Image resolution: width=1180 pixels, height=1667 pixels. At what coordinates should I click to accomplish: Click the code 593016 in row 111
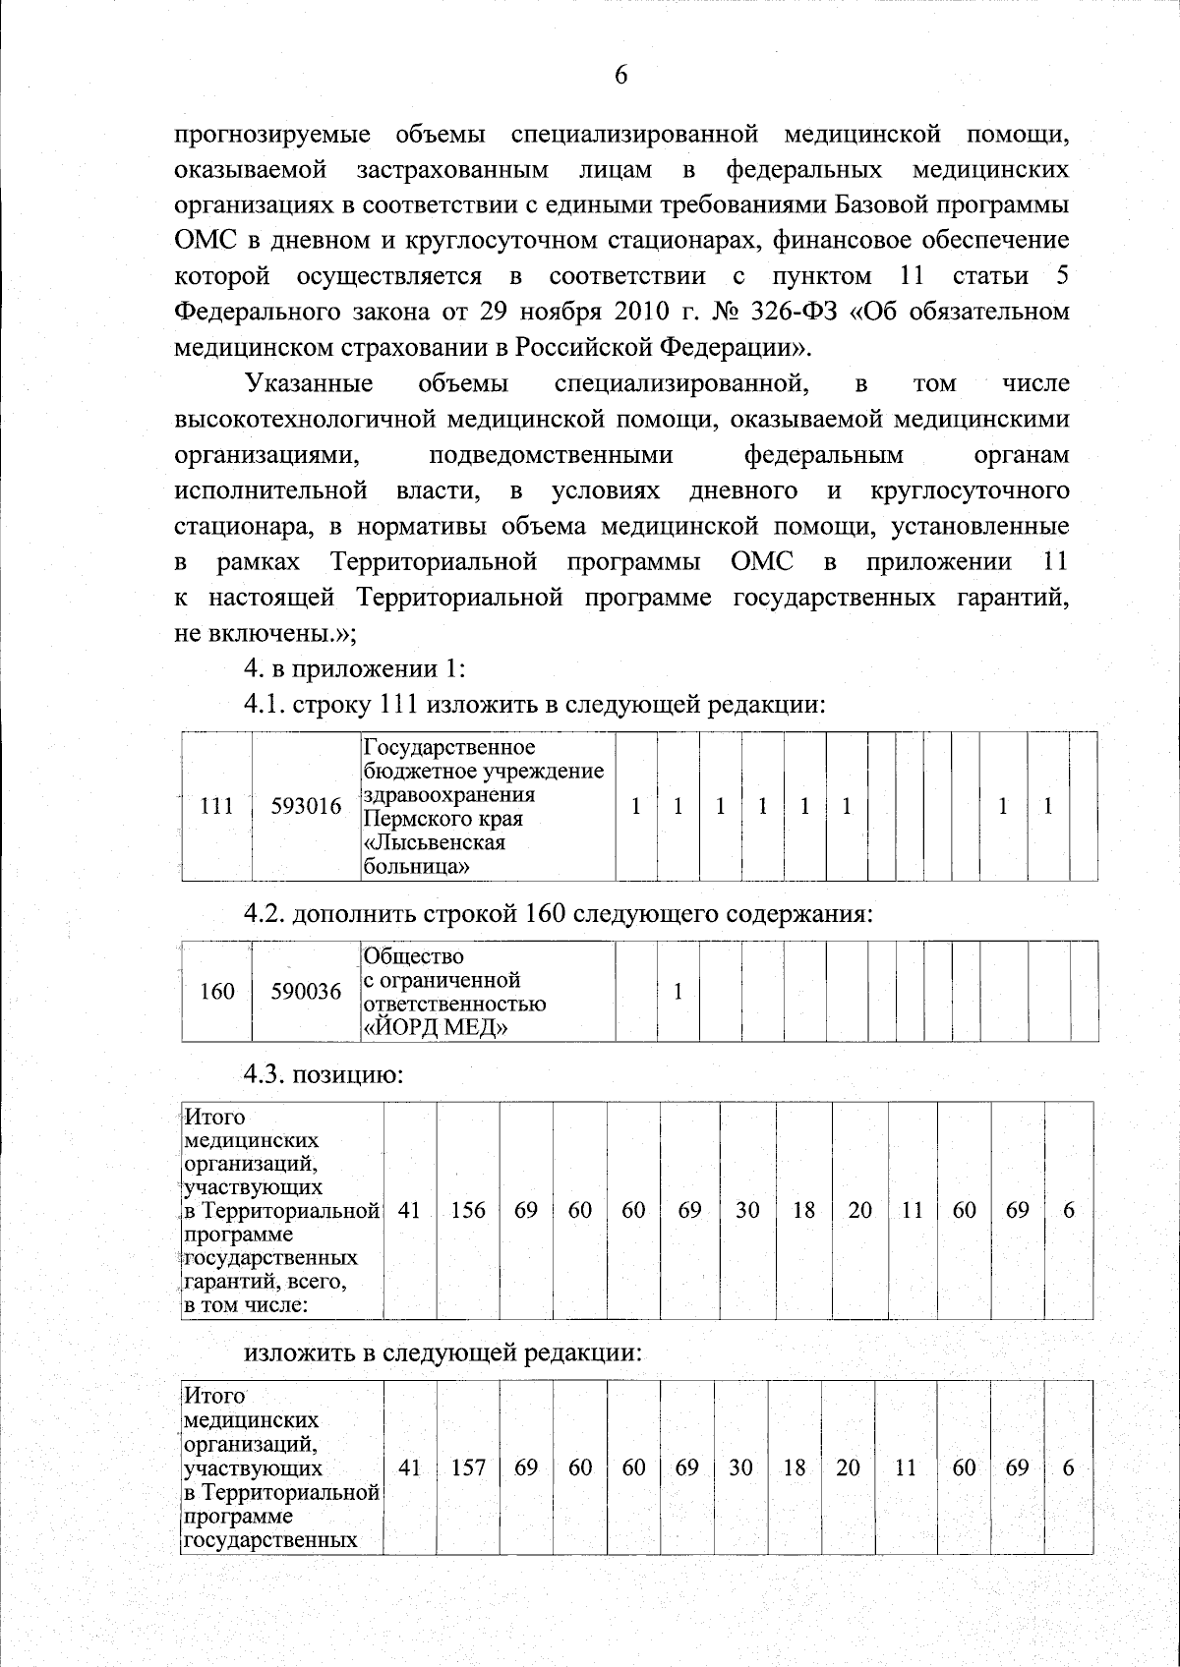(x=306, y=807)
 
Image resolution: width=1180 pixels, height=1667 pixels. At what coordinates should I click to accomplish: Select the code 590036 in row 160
(x=306, y=992)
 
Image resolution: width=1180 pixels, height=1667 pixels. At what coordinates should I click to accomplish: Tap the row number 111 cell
(x=216, y=807)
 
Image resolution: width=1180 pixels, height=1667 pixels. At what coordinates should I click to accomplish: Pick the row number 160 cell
(x=216, y=992)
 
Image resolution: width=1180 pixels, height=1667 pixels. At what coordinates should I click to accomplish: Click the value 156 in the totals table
(x=468, y=1210)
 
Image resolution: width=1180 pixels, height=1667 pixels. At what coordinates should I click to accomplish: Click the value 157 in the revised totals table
(x=468, y=1467)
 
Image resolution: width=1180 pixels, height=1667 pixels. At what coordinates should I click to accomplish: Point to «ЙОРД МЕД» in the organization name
(x=436, y=1028)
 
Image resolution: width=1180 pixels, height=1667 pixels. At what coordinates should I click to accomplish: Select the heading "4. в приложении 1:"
(x=354, y=669)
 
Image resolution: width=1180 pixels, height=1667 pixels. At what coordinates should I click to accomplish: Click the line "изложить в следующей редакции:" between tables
(x=442, y=1352)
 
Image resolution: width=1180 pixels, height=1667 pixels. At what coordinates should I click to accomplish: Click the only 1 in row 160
(x=678, y=992)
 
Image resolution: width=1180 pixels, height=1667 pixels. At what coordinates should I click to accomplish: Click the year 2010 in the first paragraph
(x=642, y=313)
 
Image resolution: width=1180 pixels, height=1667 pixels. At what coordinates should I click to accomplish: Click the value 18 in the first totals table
(x=803, y=1210)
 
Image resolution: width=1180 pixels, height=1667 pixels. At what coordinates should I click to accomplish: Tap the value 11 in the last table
(x=905, y=1467)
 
